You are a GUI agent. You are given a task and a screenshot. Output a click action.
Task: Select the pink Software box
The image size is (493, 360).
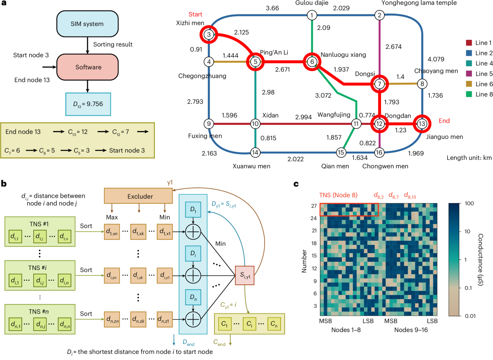87,66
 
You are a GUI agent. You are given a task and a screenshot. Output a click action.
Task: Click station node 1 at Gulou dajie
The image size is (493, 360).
312,16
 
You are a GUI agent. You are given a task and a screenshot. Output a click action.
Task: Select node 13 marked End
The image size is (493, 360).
422,123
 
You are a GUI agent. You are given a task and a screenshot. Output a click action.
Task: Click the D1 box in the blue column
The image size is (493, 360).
193,211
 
